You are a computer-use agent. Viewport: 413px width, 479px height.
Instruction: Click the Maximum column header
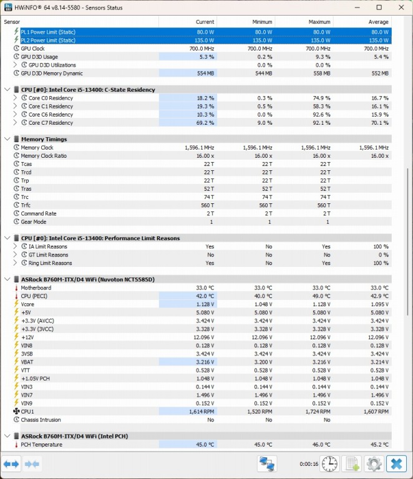[x=319, y=22]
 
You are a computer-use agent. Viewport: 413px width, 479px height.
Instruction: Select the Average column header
[x=378, y=22]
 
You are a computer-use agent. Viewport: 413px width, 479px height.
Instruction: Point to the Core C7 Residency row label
[x=51, y=123]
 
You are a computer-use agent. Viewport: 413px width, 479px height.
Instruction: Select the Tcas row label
[x=26, y=164]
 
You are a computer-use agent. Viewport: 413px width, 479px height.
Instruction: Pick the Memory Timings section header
[x=44, y=139]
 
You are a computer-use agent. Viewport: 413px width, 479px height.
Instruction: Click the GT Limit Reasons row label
[x=48, y=254]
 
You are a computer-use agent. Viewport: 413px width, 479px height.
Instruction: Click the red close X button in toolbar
[x=396, y=463]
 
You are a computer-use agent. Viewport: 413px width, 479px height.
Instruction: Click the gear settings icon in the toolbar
[x=374, y=463]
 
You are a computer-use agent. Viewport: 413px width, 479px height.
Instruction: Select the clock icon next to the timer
[x=330, y=463]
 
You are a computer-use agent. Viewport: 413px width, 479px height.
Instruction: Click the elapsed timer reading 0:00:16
[x=309, y=464]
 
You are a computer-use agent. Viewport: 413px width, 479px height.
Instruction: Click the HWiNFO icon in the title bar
[x=7, y=7]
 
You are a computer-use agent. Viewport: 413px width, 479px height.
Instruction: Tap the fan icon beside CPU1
[x=16, y=412]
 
